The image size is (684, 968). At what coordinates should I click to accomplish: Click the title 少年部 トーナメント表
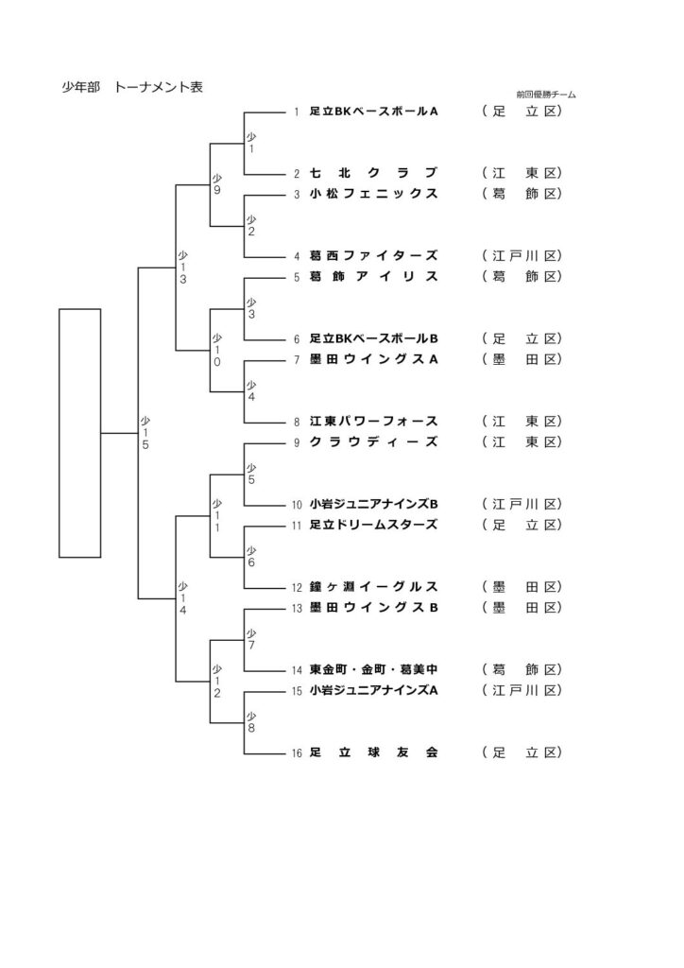[x=132, y=88]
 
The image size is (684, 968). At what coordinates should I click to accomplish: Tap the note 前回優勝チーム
[x=546, y=95]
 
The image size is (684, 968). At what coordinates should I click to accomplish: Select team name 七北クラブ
[x=373, y=173]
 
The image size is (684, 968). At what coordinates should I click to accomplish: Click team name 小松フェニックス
[x=373, y=194]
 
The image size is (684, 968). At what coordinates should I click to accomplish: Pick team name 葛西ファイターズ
[x=373, y=255]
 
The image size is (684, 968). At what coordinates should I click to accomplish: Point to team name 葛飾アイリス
[x=373, y=276]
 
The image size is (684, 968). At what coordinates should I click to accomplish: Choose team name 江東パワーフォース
[x=373, y=421]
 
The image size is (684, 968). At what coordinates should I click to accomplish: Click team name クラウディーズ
[x=373, y=441]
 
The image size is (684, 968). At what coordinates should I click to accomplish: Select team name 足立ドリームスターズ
[x=373, y=524]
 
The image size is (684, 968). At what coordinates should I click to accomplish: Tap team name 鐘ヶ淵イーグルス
[x=373, y=586]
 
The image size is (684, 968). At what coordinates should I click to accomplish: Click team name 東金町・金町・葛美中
[x=373, y=669]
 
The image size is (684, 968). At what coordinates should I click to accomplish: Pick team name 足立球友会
[x=373, y=752]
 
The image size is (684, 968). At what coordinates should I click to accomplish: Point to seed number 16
[x=296, y=753]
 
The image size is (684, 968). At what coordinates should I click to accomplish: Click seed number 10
[x=296, y=505]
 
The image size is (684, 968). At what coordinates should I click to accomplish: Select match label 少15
[x=145, y=432]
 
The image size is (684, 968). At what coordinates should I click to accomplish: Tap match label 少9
[x=216, y=183]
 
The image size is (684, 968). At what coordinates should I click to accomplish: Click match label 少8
[x=251, y=722]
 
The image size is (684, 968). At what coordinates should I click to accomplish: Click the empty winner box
[x=79, y=432]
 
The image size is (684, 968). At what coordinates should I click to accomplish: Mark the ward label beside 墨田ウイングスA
[x=522, y=359]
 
